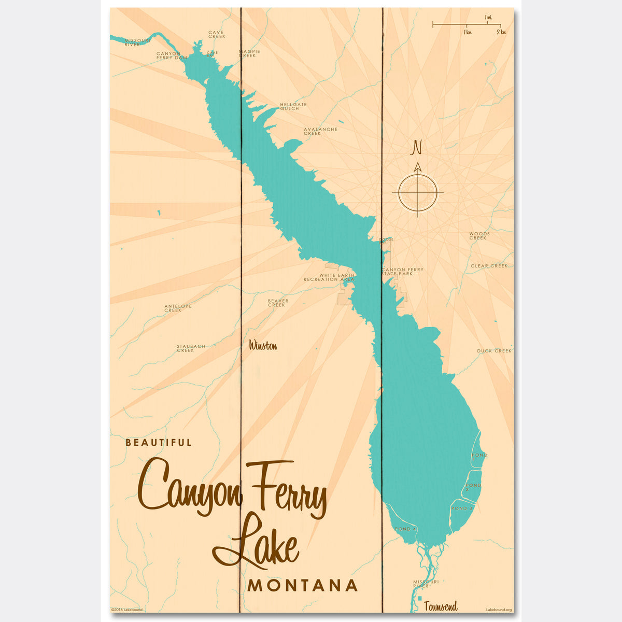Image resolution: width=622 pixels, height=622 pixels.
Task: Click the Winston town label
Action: click(x=263, y=346)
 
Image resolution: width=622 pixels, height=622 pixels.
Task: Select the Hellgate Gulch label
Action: click(x=293, y=106)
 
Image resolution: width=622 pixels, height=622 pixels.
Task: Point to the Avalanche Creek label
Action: click(x=320, y=131)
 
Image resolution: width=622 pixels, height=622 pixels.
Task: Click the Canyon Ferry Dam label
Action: click(x=171, y=55)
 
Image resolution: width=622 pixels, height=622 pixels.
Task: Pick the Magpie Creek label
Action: click(x=249, y=53)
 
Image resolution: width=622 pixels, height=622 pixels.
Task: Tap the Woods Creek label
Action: click(x=479, y=236)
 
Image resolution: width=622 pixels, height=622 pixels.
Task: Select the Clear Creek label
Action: click(x=489, y=266)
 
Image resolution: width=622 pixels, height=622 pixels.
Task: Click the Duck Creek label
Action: click(x=494, y=351)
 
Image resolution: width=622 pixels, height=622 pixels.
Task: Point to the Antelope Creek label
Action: click(x=178, y=308)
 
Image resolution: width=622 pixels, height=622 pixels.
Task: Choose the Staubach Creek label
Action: click(x=191, y=348)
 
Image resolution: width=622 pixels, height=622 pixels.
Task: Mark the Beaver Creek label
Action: click(x=278, y=303)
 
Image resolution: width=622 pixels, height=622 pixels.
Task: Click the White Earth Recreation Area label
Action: click(x=329, y=277)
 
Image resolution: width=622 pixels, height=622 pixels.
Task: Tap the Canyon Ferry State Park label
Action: click(x=403, y=271)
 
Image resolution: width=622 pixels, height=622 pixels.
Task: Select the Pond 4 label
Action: click(x=405, y=529)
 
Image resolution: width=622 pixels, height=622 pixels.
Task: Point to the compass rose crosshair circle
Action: click(x=417, y=193)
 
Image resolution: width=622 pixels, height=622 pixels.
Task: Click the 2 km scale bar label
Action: click(x=501, y=32)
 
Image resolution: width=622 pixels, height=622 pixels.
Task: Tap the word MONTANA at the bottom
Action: click(x=303, y=586)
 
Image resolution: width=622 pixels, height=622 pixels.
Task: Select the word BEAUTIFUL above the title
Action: click(x=159, y=443)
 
